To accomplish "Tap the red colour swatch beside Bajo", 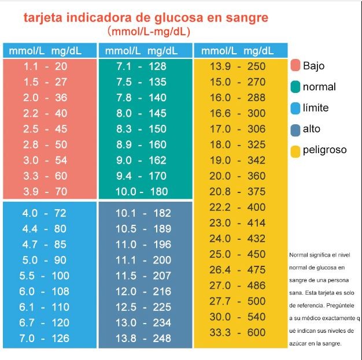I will point(295,65).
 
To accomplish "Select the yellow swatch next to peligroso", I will point(295,151).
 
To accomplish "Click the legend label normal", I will point(319,87).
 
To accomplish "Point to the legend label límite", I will point(316,108).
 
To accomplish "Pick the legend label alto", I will point(312,129).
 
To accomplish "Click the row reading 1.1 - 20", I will point(45,66).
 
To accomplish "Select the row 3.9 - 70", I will point(45,191).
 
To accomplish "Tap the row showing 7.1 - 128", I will point(141,66).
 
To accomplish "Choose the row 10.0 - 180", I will point(141,191).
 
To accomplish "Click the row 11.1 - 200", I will point(143,260).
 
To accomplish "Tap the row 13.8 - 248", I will point(143,338).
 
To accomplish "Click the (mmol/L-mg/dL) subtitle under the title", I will point(149,31).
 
